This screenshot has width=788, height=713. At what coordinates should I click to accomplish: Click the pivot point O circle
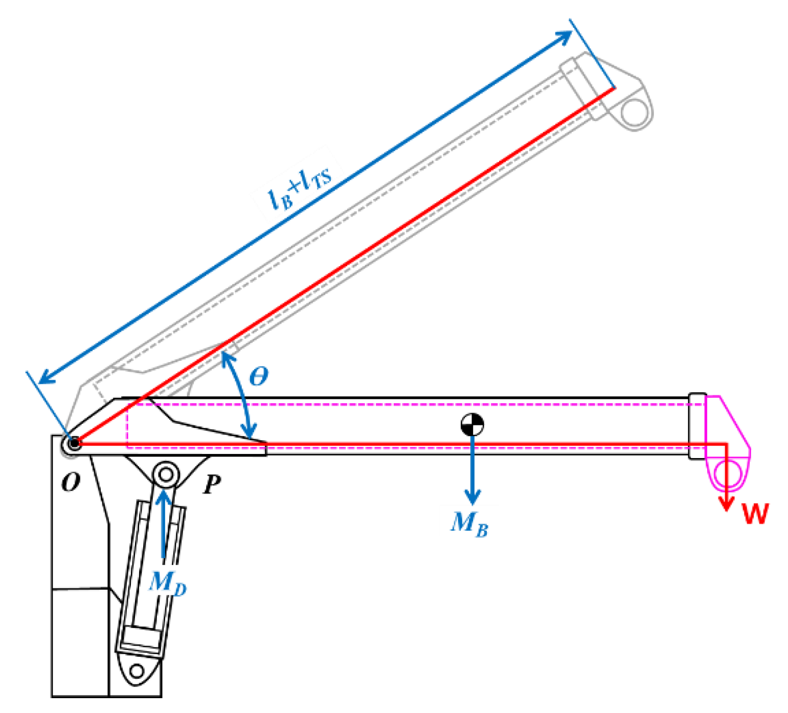point(74,443)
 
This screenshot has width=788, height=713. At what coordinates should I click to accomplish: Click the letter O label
point(71,482)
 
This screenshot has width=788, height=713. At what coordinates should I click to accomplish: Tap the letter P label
point(212,484)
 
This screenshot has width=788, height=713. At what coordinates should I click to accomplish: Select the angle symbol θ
point(258,377)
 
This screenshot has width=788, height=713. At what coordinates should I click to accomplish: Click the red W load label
point(755,513)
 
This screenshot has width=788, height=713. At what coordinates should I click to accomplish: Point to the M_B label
point(469,524)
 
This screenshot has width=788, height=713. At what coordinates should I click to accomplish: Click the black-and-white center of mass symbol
point(472,425)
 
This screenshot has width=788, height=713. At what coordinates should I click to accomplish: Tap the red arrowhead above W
point(726,504)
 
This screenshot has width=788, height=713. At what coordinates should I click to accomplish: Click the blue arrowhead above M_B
point(472,497)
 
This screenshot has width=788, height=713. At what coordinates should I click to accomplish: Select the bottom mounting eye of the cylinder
point(137,670)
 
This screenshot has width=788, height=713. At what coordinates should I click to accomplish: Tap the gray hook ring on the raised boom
point(635,112)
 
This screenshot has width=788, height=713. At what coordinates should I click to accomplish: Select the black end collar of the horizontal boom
point(696,426)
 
